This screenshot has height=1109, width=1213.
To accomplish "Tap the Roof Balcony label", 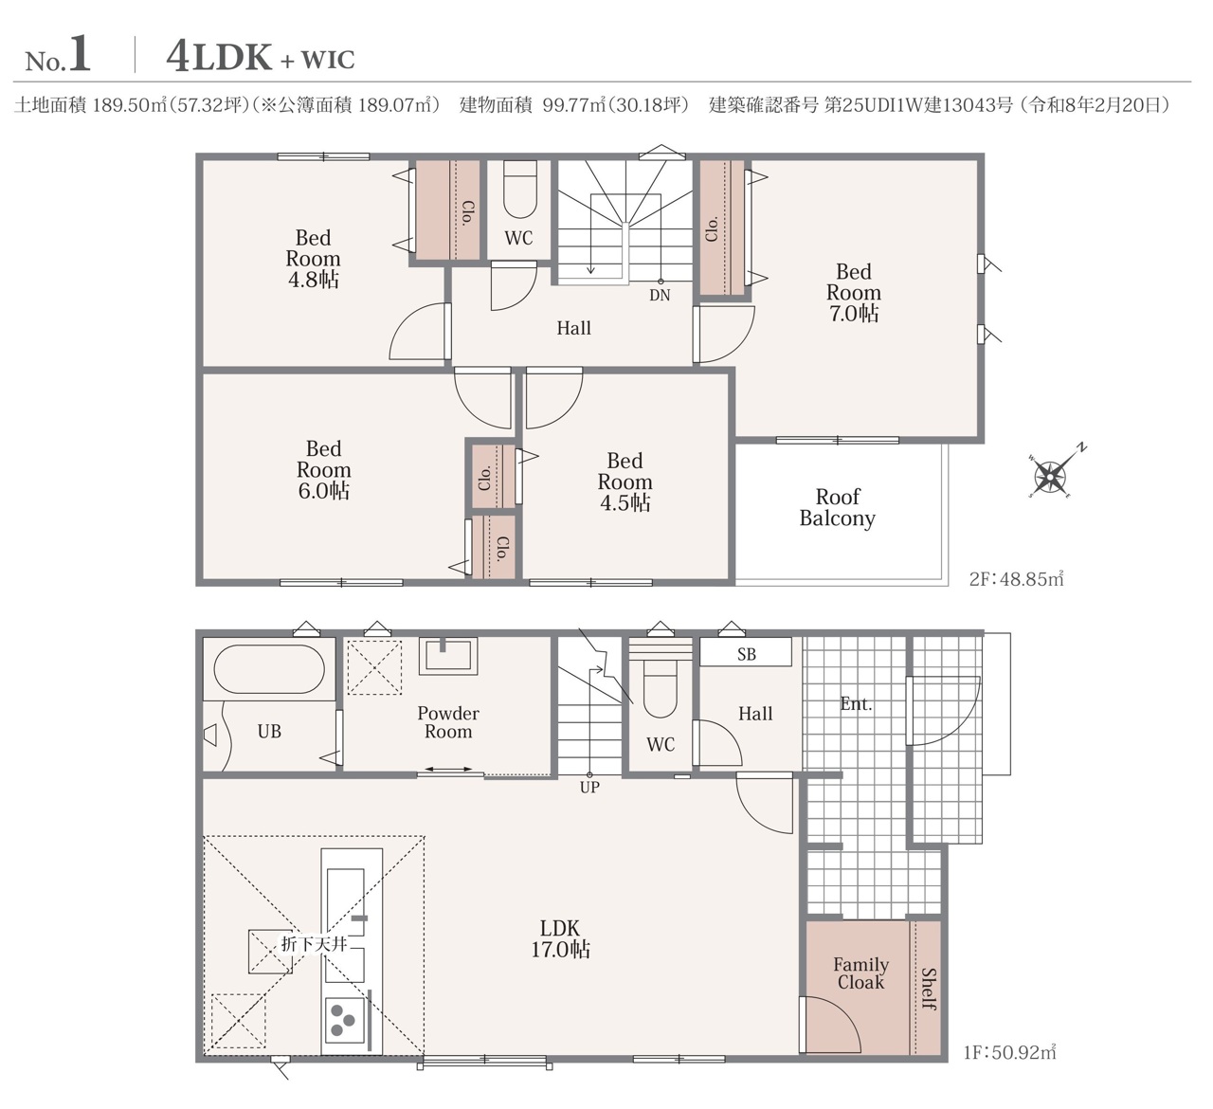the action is (x=838, y=508).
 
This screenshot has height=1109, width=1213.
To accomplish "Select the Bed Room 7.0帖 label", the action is (x=853, y=293).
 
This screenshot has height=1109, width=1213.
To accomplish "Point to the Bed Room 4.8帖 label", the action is (x=314, y=259).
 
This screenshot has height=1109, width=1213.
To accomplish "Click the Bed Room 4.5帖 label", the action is (x=625, y=482).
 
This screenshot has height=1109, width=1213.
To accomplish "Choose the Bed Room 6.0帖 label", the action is (x=323, y=470).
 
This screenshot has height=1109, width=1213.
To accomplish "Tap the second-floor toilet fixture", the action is (x=520, y=189).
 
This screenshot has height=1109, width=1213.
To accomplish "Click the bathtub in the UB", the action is (x=270, y=669).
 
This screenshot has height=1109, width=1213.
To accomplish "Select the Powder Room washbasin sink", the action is (x=448, y=656).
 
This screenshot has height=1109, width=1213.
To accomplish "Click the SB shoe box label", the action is (x=747, y=654).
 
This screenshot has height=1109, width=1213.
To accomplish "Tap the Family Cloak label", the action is (x=861, y=973).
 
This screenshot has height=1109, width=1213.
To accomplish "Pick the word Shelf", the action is (x=928, y=989).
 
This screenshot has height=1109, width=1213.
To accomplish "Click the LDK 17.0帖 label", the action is (x=561, y=938).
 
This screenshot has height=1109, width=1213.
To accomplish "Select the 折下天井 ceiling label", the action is (x=314, y=944).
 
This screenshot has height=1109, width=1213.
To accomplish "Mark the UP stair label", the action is (x=589, y=787).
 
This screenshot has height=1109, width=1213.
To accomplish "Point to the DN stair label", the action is (x=660, y=295).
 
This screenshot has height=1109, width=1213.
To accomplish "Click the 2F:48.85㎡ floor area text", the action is (x=1017, y=578).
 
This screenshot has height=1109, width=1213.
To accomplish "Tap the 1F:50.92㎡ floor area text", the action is (x=1010, y=1052).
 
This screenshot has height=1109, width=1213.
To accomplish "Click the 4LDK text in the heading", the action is (x=219, y=58).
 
